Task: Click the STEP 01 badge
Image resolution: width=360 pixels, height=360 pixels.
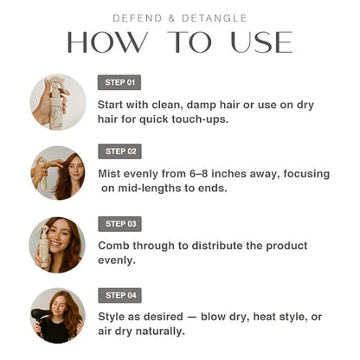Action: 119,82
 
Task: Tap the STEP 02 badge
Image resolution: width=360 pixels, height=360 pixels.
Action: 119,151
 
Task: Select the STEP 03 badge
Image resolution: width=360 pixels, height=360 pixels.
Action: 119,224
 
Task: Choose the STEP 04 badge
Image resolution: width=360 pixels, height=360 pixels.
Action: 119,295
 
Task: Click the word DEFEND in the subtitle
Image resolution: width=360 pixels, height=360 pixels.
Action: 138,18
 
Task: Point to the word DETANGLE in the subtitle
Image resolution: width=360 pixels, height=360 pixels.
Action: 215,18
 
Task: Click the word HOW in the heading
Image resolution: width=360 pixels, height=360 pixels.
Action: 107,42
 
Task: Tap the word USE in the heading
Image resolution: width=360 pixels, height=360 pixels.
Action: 261,42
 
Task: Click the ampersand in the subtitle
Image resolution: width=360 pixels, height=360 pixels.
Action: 172,18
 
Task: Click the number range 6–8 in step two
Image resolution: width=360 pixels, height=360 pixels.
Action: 199,174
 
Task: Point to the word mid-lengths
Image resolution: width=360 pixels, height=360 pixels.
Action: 150,189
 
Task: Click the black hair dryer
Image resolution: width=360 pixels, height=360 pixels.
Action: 40,317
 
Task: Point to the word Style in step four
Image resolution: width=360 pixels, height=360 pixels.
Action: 112,317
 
